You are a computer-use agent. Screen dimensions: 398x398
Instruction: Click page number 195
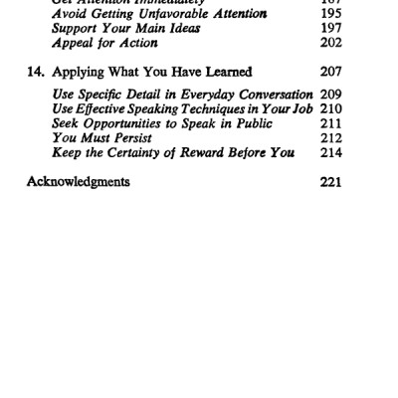(x=331, y=13)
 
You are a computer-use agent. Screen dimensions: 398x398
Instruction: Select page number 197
(x=331, y=28)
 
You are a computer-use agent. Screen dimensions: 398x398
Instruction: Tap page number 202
(x=331, y=43)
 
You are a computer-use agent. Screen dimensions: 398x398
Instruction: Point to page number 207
(x=331, y=72)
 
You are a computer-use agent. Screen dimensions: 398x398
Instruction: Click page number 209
(x=331, y=95)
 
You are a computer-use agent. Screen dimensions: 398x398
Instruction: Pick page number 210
(x=331, y=109)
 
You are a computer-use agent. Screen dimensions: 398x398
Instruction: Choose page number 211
(x=331, y=124)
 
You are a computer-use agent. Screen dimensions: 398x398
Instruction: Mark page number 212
(x=331, y=138)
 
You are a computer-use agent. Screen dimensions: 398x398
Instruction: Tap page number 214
(x=331, y=153)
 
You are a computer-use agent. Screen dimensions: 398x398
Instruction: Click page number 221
(x=331, y=182)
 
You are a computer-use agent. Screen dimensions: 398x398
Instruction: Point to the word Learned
(x=225, y=72)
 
